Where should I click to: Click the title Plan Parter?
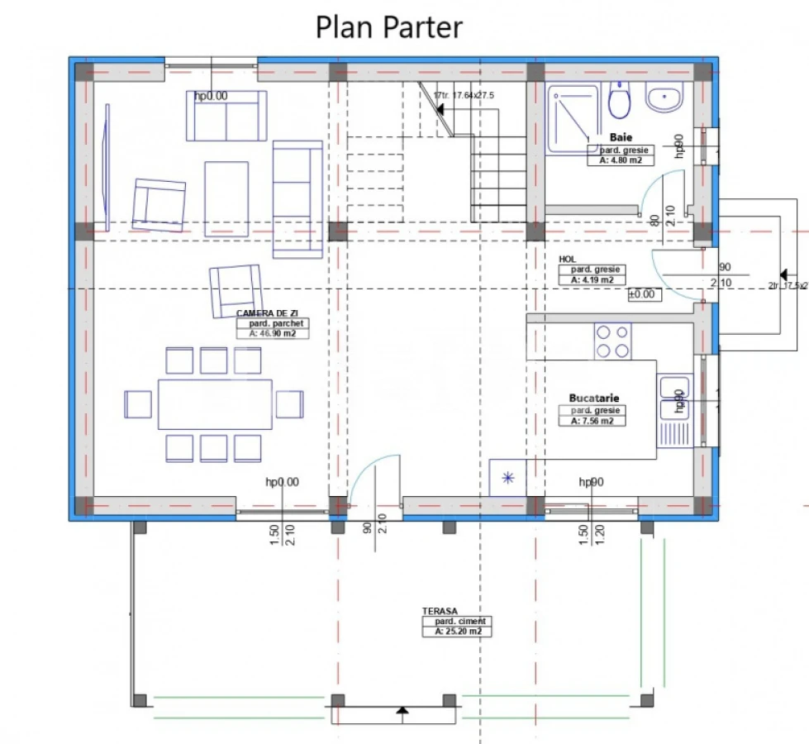point(389,26)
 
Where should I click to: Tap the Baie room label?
point(621,136)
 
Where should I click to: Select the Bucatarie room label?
point(594,398)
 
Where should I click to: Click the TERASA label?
point(440,611)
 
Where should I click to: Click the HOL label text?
point(567,259)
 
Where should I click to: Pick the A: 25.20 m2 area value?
point(453,632)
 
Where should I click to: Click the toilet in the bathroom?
point(620,100)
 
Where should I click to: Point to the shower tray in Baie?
point(573,118)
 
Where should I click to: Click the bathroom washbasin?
point(664,99)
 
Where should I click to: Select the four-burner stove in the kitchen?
point(612,341)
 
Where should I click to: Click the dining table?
point(215,404)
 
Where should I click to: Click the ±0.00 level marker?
point(640,294)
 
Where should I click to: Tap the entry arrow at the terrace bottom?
point(401,710)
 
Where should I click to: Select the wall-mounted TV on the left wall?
point(106,169)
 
